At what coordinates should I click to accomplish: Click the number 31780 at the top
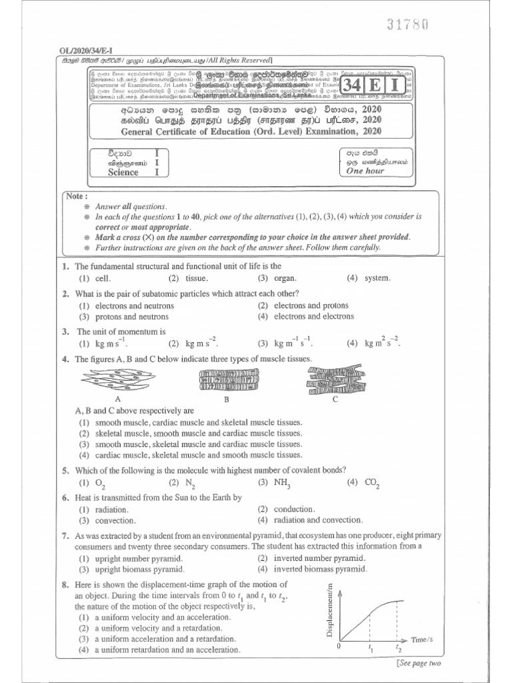[406, 24]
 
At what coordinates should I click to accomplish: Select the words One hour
[365, 171]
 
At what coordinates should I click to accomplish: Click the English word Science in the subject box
[123, 172]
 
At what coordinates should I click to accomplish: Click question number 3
[66, 331]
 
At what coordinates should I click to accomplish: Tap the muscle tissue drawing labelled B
[226, 380]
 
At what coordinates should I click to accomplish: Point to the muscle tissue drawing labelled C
[335, 380]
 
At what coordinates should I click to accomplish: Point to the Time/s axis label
[423, 639]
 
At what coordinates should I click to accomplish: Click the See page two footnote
[418, 663]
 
